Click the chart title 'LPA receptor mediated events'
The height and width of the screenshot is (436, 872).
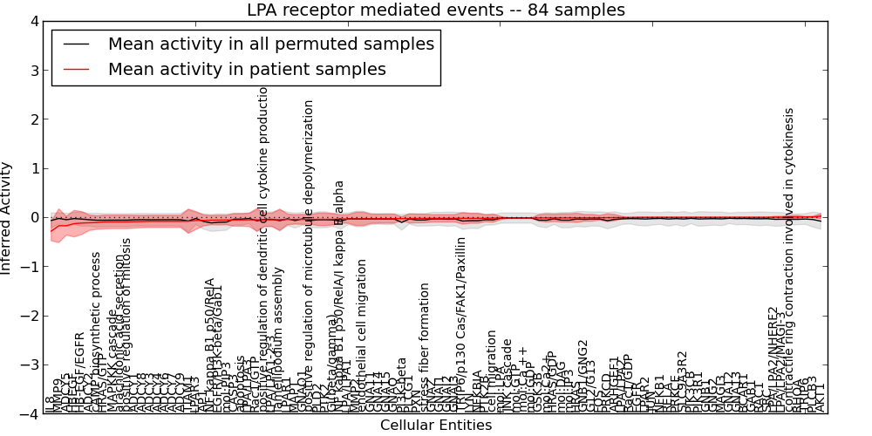click(436, 10)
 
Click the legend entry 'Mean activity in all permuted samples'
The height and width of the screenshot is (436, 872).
click(271, 44)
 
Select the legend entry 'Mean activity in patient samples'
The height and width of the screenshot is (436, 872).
click(247, 69)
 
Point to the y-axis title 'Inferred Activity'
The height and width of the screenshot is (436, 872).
click(7, 218)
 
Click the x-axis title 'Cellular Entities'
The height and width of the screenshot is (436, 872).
click(436, 426)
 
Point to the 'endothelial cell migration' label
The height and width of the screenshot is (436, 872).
click(362, 336)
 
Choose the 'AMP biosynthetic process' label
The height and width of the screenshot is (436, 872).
click(97, 331)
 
